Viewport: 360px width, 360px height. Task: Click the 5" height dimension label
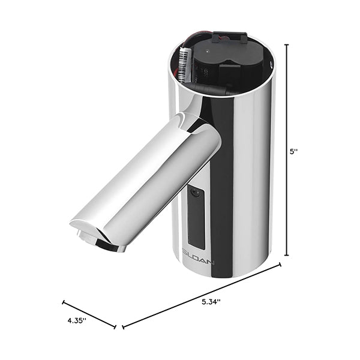(x=293, y=152)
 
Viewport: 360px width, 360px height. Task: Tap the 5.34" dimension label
(x=211, y=302)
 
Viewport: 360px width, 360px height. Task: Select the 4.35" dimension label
(x=77, y=320)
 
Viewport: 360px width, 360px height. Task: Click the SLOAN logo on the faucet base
(x=199, y=262)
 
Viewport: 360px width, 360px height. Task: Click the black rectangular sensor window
(x=196, y=218)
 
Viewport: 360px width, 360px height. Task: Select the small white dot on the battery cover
(x=208, y=51)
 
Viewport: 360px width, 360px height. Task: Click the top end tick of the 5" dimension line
(x=286, y=45)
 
